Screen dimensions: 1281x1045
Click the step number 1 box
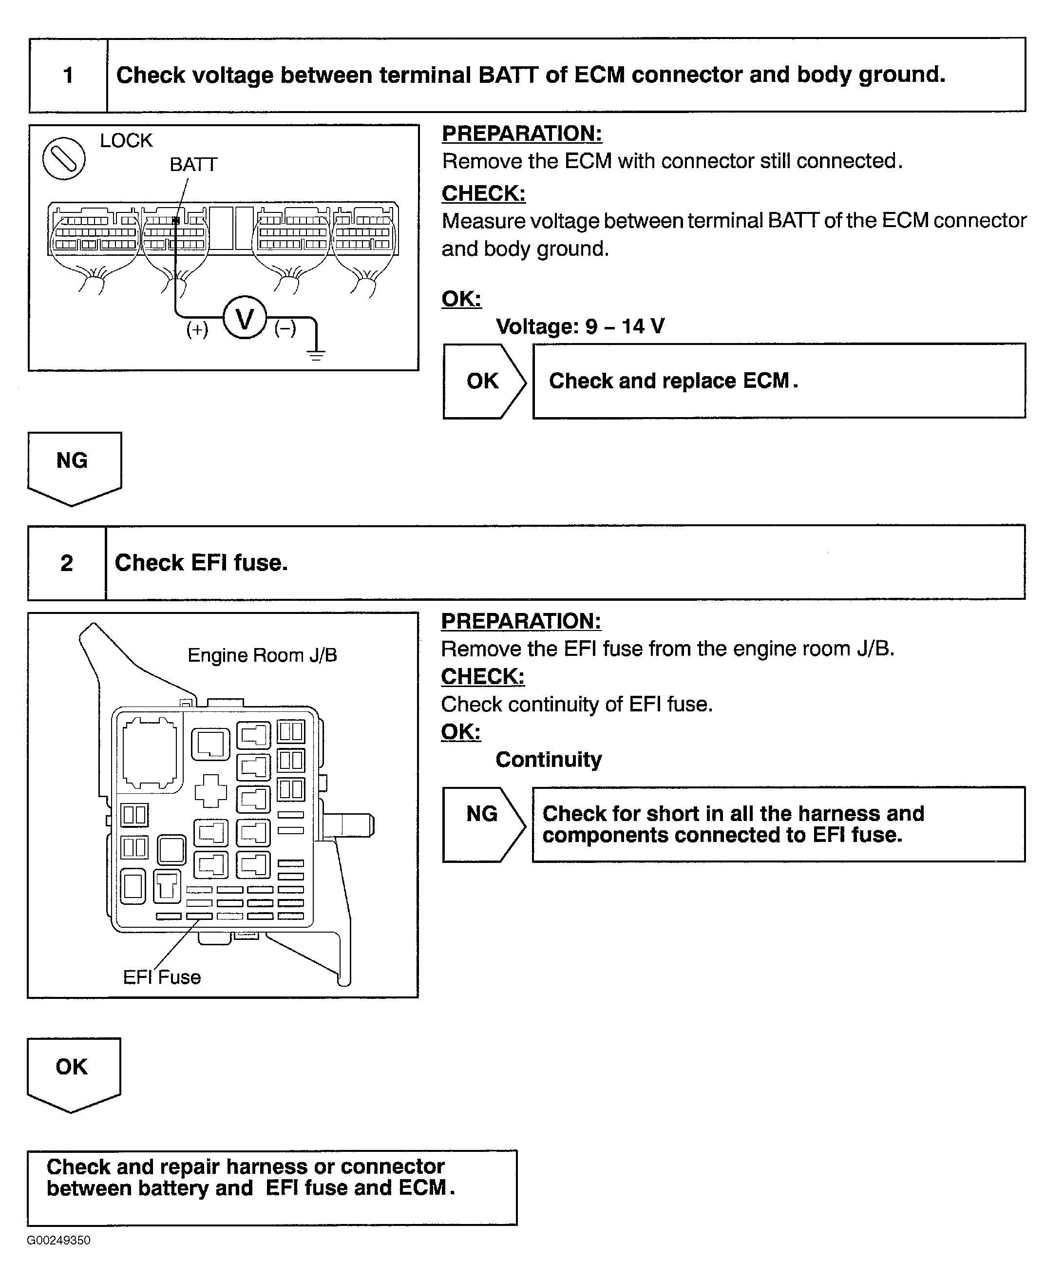(68, 75)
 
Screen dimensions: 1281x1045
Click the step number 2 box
(67, 563)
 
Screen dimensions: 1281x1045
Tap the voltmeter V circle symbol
(245, 317)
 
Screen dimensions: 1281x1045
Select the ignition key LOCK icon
(64, 158)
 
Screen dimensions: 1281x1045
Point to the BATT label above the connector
(193, 164)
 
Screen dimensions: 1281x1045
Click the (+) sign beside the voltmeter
(197, 329)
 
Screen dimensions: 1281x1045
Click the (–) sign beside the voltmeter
(285, 329)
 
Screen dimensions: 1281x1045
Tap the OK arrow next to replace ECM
(483, 381)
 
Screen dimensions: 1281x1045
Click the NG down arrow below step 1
(74, 466)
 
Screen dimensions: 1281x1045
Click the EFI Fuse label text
(162, 977)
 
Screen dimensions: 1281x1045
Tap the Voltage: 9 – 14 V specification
(580, 326)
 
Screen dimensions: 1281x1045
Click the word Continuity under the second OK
(549, 760)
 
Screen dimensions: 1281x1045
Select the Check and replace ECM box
(779, 381)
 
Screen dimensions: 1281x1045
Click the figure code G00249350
(58, 1241)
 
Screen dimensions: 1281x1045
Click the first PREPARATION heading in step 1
(521, 134)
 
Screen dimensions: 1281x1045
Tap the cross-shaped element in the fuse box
(210, 790)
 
